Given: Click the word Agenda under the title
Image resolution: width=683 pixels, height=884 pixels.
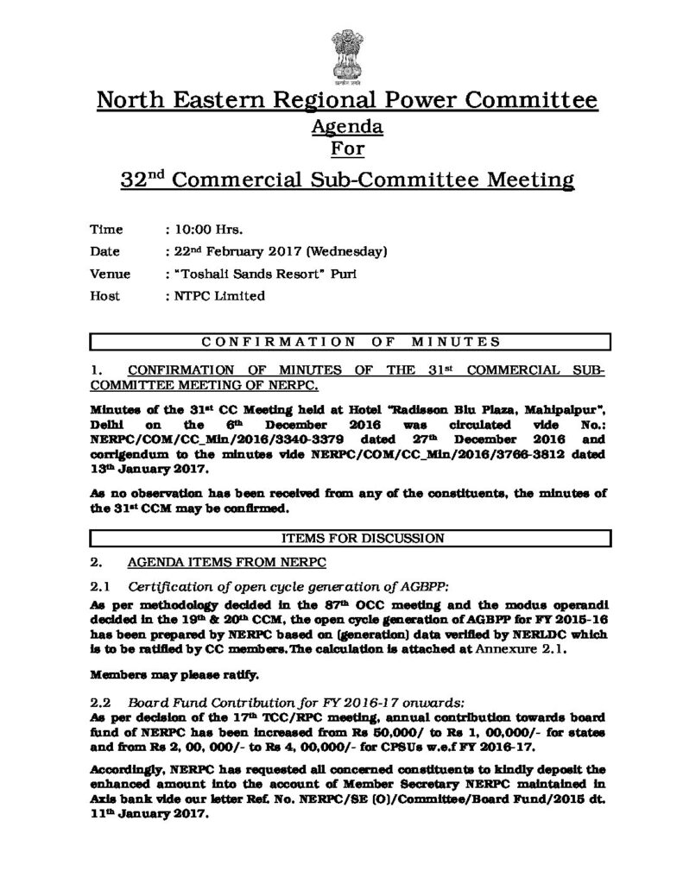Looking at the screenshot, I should click(x=345, y=127).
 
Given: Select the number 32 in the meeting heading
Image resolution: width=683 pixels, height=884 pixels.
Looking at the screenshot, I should click(x=131, y=181).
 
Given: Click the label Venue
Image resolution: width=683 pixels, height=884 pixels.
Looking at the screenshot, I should click(x=111, y=275).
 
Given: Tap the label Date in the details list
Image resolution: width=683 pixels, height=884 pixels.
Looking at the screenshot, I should click(x=105, y=252).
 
